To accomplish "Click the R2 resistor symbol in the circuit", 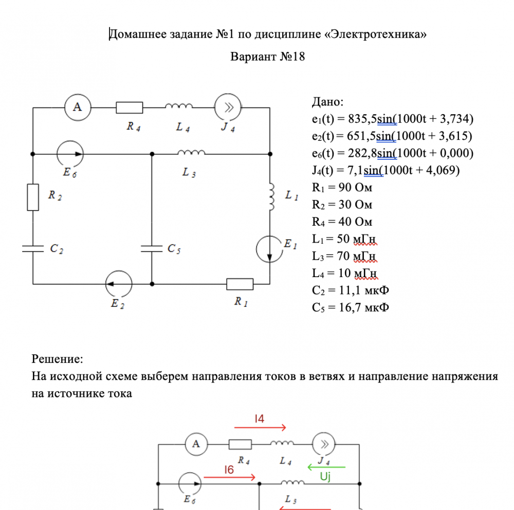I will pyautogui.click(x=33, y=197).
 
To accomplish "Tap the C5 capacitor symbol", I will pyautogui.click(x=152, y=248).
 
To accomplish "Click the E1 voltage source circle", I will pyautogui.click(x=269, y=249).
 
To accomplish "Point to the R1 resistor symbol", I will pyautogui.click(x=240, y=284).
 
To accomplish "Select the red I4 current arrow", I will pyautogui.click(x=260, y=427).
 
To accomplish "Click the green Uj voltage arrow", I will pyautogui.click(x=326, y=467).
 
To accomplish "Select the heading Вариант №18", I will pyautogui.click(x=268, y=57).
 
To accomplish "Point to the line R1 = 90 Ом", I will pyautogui.click(x=342, y=187).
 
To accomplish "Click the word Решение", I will pyautogui.click(x=57, y=359).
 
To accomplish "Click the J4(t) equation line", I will pyautogui.click(x=385, y=170).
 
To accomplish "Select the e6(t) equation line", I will pyautogui.click(x=392, y=153).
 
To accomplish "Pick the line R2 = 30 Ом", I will pyautogui.click(x=342, y=205).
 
